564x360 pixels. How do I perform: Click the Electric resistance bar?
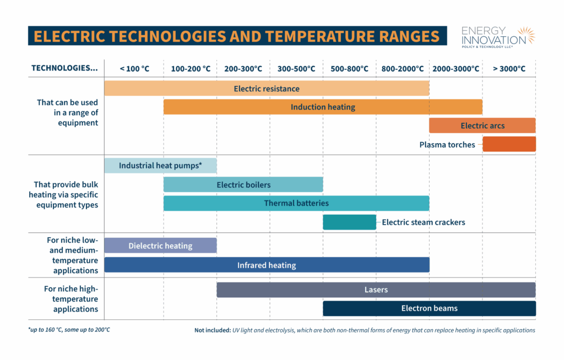point(267,88)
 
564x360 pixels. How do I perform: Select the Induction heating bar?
point(323,107)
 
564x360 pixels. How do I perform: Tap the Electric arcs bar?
point(482,126)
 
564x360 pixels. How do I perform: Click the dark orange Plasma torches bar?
point(509,144)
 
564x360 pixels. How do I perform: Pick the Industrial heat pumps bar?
point(160,165)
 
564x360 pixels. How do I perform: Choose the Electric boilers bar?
point(243,184)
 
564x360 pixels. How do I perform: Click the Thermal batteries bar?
point(296,203)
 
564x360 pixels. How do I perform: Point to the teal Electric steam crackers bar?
point(349,222)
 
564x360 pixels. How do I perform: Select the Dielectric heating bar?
point(160,246)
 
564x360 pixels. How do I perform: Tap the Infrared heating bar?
point(267,265)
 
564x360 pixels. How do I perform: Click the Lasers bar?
point(376,290)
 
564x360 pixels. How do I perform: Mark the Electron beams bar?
point(429,308)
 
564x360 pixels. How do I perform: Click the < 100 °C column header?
point(134,69)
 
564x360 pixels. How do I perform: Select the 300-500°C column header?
point(296,69)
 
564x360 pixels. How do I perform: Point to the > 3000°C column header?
point(509,69)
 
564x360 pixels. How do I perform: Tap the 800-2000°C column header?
point(403,69)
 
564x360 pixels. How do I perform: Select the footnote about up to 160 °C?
point(73,330)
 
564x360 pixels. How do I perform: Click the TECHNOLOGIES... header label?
point(65,68)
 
